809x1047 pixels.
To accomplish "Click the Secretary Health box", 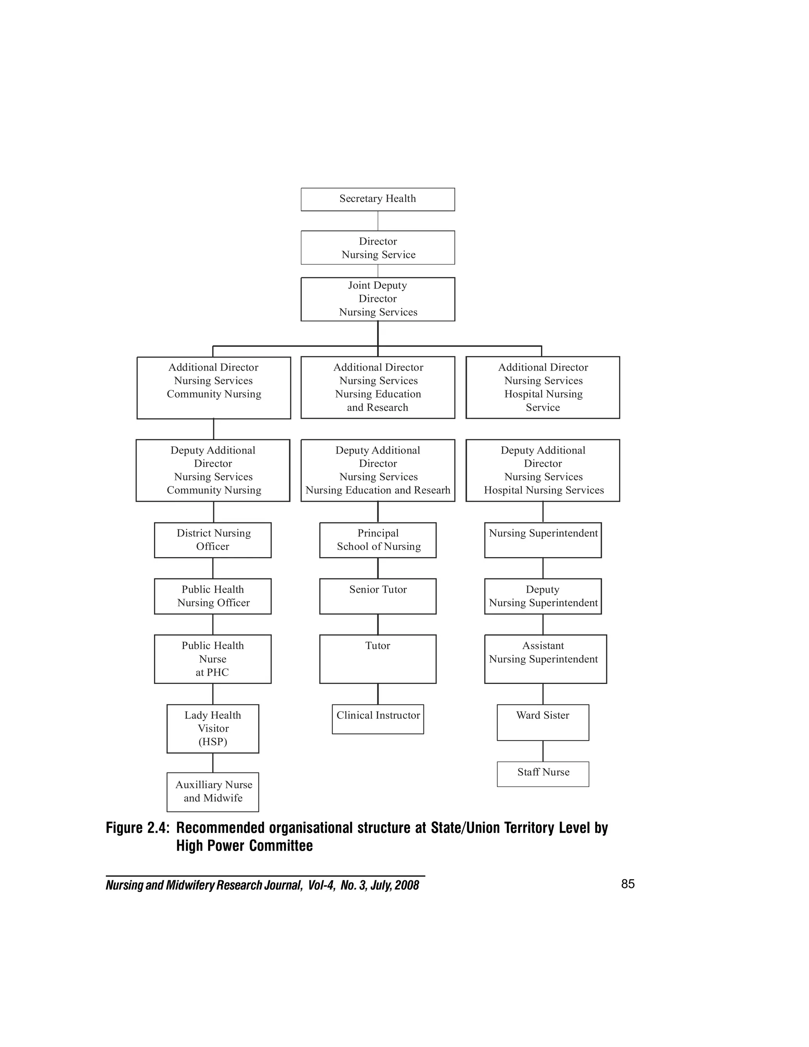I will coord(378,200).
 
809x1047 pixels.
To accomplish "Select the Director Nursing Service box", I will coord(378,248).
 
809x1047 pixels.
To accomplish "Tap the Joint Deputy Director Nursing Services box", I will coord(378,299).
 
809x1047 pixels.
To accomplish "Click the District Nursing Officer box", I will coord(213,540).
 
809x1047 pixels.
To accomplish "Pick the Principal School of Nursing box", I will coord(378,540).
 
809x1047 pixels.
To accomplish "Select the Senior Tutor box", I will coord(378,596).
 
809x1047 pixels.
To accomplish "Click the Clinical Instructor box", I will coord(378,719).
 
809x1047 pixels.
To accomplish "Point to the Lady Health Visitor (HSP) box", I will coord(213,728).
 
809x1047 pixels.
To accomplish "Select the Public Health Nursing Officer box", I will coord(213,596).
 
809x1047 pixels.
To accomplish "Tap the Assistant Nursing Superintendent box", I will coord(546,659).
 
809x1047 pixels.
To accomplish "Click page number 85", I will coord(627,884).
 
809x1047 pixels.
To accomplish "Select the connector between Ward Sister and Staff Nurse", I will coord(543,751).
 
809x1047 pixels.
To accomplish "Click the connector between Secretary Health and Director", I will coord(378,221).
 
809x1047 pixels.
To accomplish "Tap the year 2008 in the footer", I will coord(407,885).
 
